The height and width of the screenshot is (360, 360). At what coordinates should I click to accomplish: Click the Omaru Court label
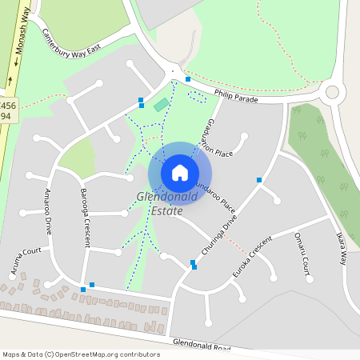click(302, 254)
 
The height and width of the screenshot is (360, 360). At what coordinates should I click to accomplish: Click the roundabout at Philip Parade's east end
click(332, 92)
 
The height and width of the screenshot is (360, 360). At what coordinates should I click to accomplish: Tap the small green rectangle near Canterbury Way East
click(162, 104)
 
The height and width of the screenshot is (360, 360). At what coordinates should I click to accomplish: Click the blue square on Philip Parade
click(188, 79)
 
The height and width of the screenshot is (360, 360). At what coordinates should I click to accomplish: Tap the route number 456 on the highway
click(7, 105)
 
